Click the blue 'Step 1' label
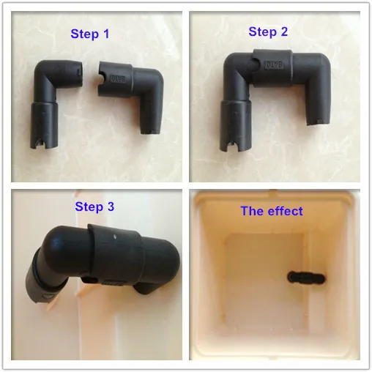[90, 34]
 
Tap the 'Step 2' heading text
[268, 32]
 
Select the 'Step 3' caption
[94, 207]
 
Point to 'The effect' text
[272, 211]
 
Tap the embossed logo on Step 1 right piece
[119, 79]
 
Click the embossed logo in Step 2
[275, 65]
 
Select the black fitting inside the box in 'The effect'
[306, 278]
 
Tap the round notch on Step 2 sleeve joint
[254, 64]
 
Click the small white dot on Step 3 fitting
[115, 237]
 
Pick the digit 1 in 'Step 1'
[106, 34]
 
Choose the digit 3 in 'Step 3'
[111, 207]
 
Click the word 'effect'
[286, 211]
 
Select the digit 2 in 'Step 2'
[284, 31]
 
